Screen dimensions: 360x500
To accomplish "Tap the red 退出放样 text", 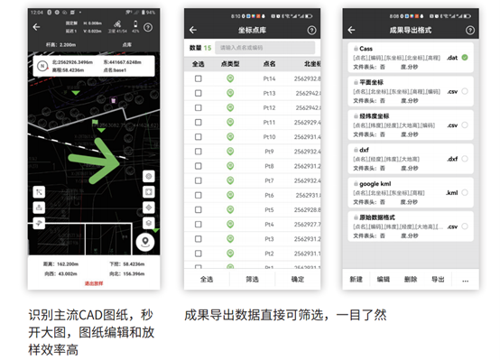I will click(94, 283).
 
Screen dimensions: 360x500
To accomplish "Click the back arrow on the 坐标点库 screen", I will click(192, 30).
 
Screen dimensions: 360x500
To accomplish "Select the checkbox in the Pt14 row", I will click(198, 78).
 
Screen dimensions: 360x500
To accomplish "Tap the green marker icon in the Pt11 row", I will click(230, 122).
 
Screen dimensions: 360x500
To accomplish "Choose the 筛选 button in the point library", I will click(252, 280).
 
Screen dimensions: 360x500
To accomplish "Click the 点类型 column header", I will click(230, 64).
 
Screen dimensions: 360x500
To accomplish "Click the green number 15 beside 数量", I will click(208, 47).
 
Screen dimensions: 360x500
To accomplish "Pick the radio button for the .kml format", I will click(465, 192).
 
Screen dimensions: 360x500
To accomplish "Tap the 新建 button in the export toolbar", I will click(356, 280).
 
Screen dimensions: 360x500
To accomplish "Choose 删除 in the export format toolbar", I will click(411, 280).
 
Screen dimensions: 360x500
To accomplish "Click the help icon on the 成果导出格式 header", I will click(468, 30).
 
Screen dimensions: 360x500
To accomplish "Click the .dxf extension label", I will click(452, 159).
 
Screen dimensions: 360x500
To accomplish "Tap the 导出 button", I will click(438, 280).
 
